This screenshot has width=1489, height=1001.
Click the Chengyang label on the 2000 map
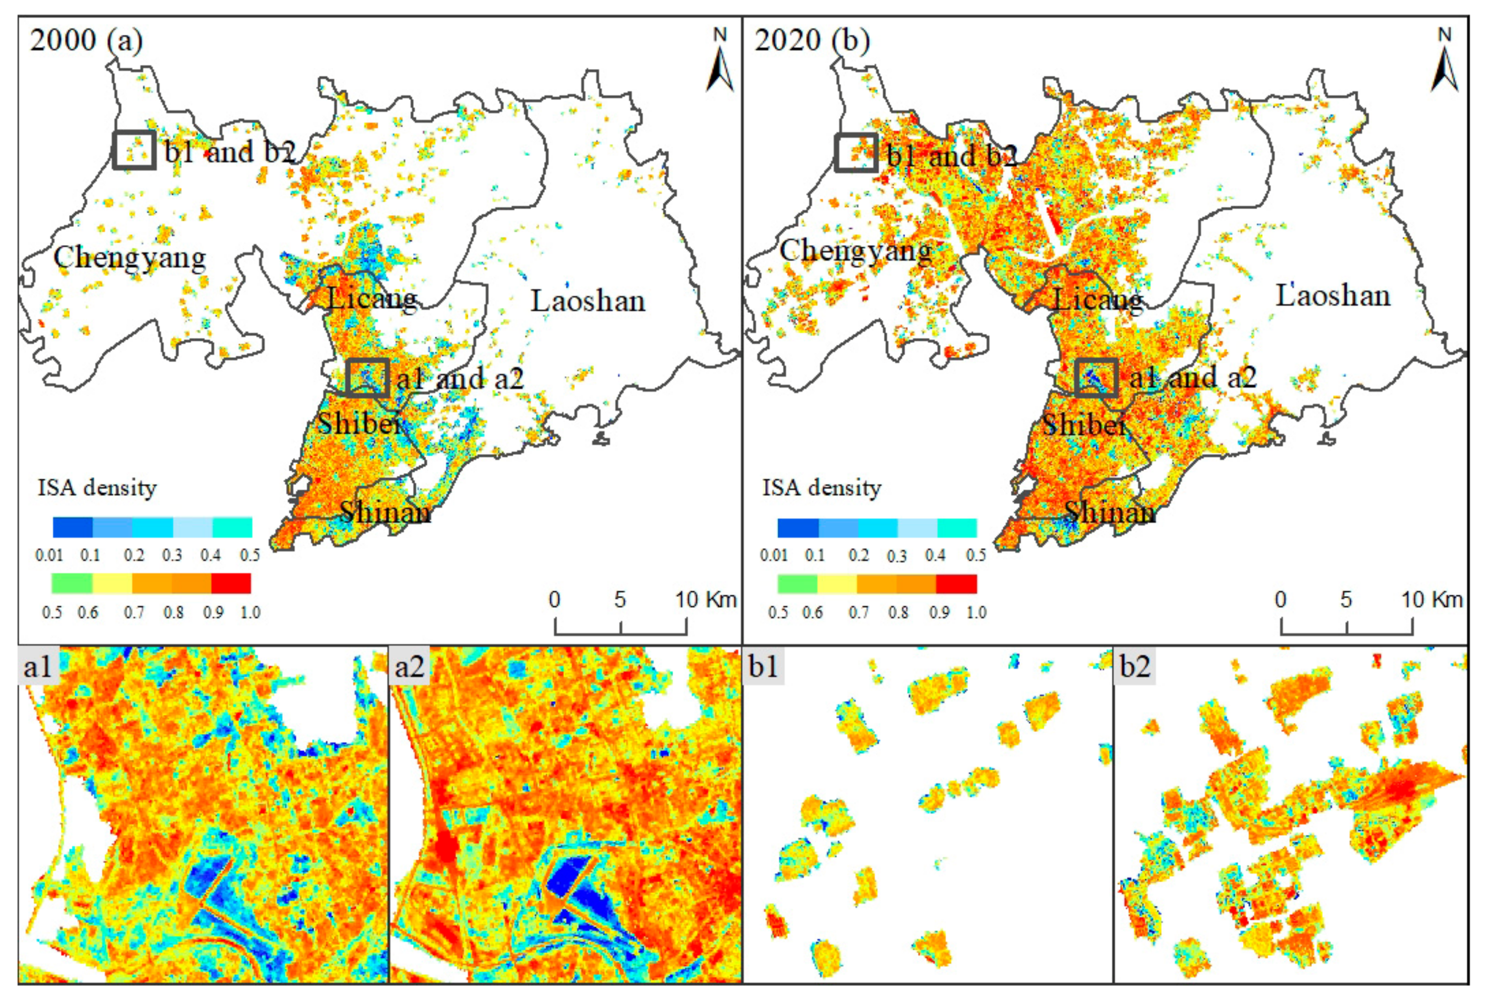(x=130, y=258)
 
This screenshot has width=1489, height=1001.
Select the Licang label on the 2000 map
(x=372, y=299)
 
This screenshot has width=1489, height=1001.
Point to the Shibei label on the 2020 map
(x=1085, y=425)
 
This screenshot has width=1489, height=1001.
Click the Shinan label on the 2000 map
(x=385, y=512)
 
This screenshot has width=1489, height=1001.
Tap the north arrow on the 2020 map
(x=1444, y=64)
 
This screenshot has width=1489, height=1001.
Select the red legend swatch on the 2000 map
(x=231, y=583)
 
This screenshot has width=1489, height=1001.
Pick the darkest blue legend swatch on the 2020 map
(x=797, y=528)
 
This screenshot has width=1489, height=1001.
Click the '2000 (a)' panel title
(x=86, y=40)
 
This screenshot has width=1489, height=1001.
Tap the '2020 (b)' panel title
(x=812, y=40)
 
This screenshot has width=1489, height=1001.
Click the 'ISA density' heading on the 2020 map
(x=821, y=488)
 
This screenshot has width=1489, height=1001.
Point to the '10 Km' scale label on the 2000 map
(x=706, y=600)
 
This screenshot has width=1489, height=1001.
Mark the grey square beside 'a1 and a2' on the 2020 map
(x=1096, y=377)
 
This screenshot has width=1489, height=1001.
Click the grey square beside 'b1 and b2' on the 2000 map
(x=134, y=150)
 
